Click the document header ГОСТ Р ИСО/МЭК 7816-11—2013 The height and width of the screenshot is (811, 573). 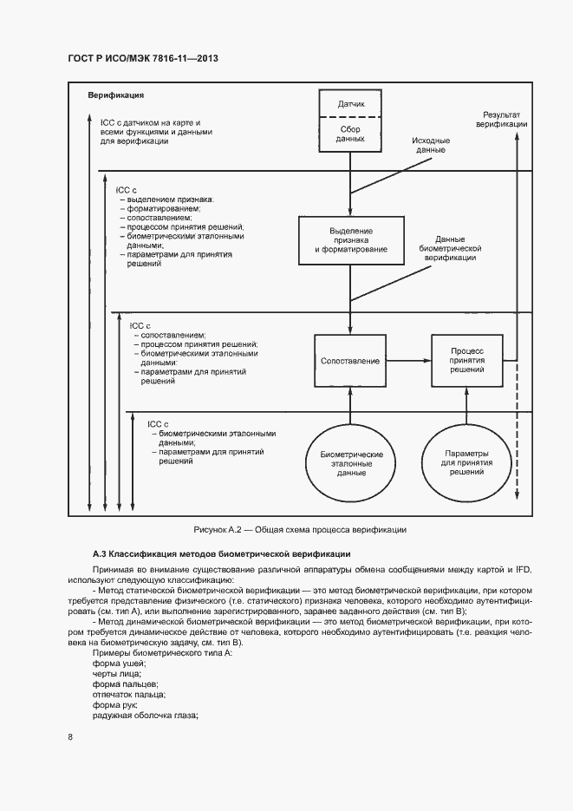(x=142, y=58)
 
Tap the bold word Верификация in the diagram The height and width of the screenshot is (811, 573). (x=115, y=95)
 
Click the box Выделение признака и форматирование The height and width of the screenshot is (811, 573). (x=351, y=240)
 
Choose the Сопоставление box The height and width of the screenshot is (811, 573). (x=350, y=360)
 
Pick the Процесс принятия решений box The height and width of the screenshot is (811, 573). (x=467, y=360)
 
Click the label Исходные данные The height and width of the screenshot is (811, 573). (x=431, y=145)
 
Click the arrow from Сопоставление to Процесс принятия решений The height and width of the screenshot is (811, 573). (x=408, y=360)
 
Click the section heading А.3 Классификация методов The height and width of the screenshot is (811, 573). (x=221, y=553)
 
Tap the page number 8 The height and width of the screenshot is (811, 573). (x=70, y=737)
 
